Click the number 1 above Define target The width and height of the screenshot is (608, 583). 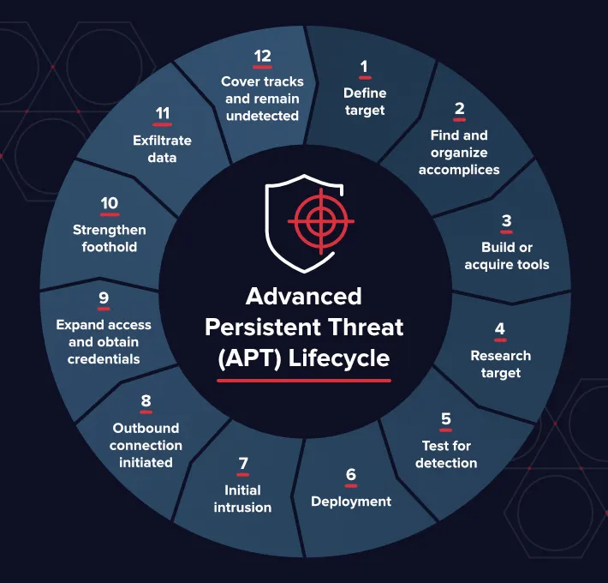[x=364, y=66]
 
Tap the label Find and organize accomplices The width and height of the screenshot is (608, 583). [x=459, y=153]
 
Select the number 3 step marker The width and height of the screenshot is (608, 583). [x=506, y=221]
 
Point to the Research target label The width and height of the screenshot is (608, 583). [x=500, y=364]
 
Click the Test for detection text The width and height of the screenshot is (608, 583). [x=446, y=454]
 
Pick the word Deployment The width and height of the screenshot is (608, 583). [x=351, y=502]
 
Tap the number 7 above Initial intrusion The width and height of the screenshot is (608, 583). [x=243, y=464]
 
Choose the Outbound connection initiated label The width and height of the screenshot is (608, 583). [x=146, y=445]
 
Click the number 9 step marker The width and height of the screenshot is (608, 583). [x=104, y=298]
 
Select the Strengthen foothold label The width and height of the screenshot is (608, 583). [x=110, y=238]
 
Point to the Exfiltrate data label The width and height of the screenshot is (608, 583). [x=162, y=149]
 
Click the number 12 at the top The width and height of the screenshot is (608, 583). [x=262, y=57]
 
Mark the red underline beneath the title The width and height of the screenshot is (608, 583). [x=304, y=380]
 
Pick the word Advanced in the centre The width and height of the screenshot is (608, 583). [x=304, y=297]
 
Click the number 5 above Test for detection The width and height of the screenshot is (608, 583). [x=446, y=419]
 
